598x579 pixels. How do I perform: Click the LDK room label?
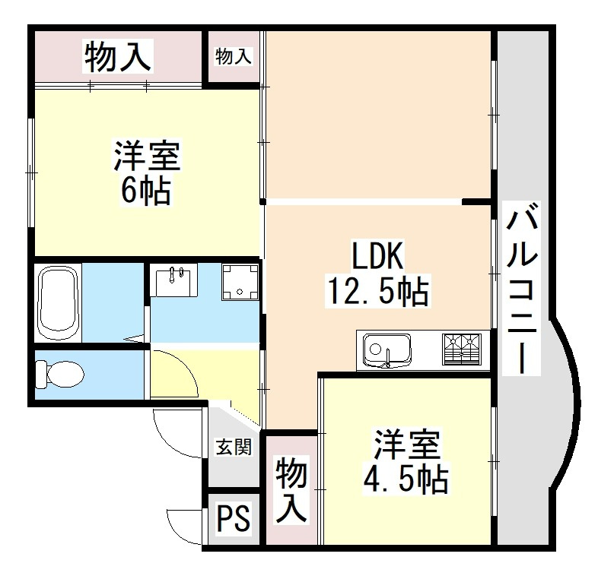[x=376, y=257]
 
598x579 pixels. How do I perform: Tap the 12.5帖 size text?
[x=377, y=290]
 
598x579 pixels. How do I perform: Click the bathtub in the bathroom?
[x=57, y=302]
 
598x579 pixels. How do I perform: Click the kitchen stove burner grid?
[x=462, y=350]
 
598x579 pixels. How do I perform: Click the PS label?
[x=233, y=520]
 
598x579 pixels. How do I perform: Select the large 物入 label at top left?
[x=118, y=58]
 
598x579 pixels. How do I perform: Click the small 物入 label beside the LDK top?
[x=234, y=55]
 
